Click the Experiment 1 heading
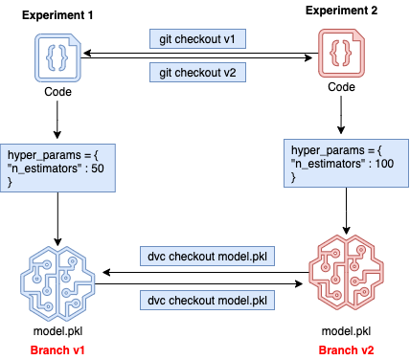point(57,15)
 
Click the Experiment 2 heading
point(341,11)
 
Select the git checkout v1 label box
point(197,39)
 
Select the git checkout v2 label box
point(197,73)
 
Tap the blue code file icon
point(57,57)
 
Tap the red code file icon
point(341,53)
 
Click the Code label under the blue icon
point(57,92)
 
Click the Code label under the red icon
point(341,87)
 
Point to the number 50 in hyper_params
point(98,169)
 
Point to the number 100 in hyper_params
point(384,164)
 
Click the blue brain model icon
point(57,283)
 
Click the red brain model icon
point(346,272)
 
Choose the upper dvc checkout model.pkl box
point(207,256)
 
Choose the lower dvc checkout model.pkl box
point(207,300)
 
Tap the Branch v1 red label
point(57,350)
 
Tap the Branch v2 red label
point(346,350)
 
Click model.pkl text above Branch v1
point(57,331)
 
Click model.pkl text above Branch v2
point(346,331)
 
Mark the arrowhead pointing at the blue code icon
point(85,53)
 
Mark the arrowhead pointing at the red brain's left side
point(300,283)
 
